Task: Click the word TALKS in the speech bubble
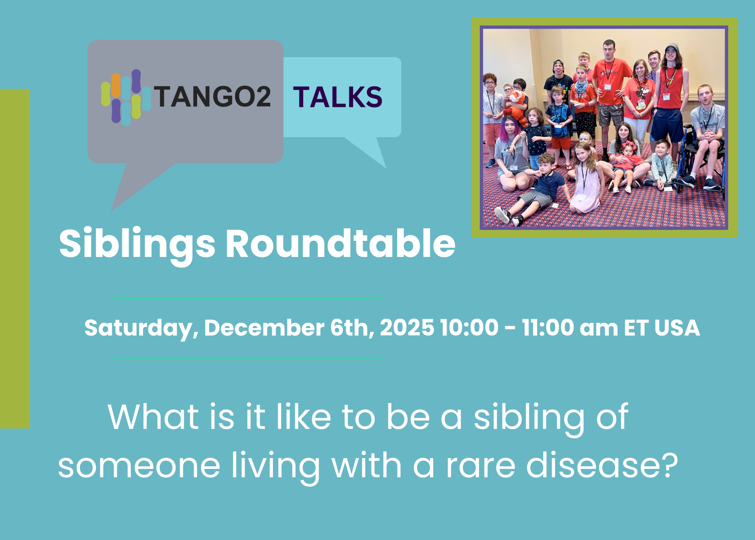click(338, 97)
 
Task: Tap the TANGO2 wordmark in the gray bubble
click(212, 97)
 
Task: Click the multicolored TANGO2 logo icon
click(126, 97)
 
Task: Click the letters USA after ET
click(677, 328)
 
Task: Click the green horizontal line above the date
click(248, 298)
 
